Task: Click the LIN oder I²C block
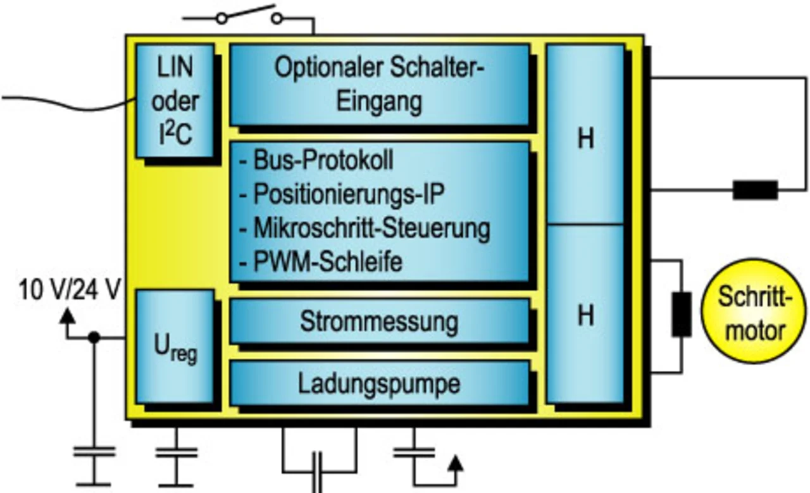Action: [x=175, y=101]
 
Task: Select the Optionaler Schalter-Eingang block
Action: [x=379, y=84]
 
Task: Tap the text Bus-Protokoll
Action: [x=323, y=161]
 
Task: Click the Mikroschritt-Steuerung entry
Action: [x=371, y=228]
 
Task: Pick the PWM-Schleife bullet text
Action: [x=328, y=261]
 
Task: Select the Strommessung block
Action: [x=379, y=321]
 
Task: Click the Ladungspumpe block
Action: [x=379, y=383]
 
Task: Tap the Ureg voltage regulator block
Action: [x=175, y=347]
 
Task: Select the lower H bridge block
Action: [x=585, y=314]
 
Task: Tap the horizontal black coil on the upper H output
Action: [x=755, y=190]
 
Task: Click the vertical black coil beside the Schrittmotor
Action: [x=682, y=314]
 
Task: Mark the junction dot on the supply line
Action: [x=94, y=338]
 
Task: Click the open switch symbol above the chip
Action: [x=249, y=16]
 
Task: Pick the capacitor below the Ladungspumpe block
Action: [x=318, y=471]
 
